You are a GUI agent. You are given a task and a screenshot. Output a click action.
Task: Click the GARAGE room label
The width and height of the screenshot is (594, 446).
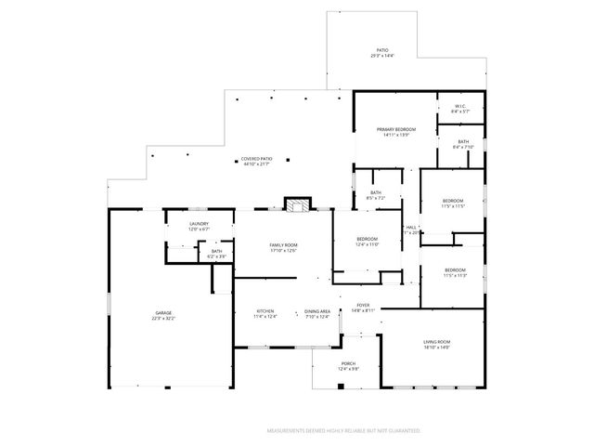point(163,313)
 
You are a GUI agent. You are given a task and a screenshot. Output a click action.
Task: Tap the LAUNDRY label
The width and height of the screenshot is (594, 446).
point(199,223)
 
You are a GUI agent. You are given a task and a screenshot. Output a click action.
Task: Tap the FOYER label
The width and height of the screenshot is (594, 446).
point(363,305)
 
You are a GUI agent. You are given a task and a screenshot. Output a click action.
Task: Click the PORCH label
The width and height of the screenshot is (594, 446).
point(348,363)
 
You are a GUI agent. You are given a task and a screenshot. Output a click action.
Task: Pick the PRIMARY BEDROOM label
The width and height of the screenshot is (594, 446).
point(394,128)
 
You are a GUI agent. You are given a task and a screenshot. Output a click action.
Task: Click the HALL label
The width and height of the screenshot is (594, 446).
point(410,227)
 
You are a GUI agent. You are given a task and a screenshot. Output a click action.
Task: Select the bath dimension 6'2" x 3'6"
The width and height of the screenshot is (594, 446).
point(216,256)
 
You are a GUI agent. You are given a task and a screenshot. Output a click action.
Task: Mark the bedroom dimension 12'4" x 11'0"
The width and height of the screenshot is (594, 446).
point(368,244)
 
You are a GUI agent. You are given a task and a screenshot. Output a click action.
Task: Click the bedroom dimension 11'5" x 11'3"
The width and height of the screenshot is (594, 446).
point(455,275)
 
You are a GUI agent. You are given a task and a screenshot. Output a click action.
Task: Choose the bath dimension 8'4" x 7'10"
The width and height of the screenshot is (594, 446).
point(463,147)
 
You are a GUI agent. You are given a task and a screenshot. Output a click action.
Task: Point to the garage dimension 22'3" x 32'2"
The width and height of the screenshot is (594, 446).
point(163,319)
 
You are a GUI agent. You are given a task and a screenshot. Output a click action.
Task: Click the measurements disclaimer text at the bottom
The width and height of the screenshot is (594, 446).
point(343,431)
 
